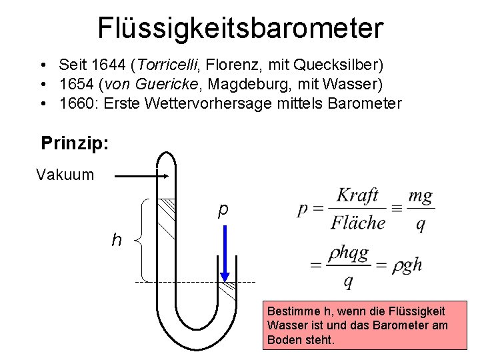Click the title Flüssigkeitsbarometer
pos(240,27)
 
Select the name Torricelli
pos(167,65)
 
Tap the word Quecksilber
pos(341,65)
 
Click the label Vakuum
pos(65,175)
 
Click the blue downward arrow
pos(225,253)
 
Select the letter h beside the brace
pos(117,239)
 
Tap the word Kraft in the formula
pos(357,196)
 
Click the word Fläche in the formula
pos(358,222)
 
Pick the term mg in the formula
pos(419,196)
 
